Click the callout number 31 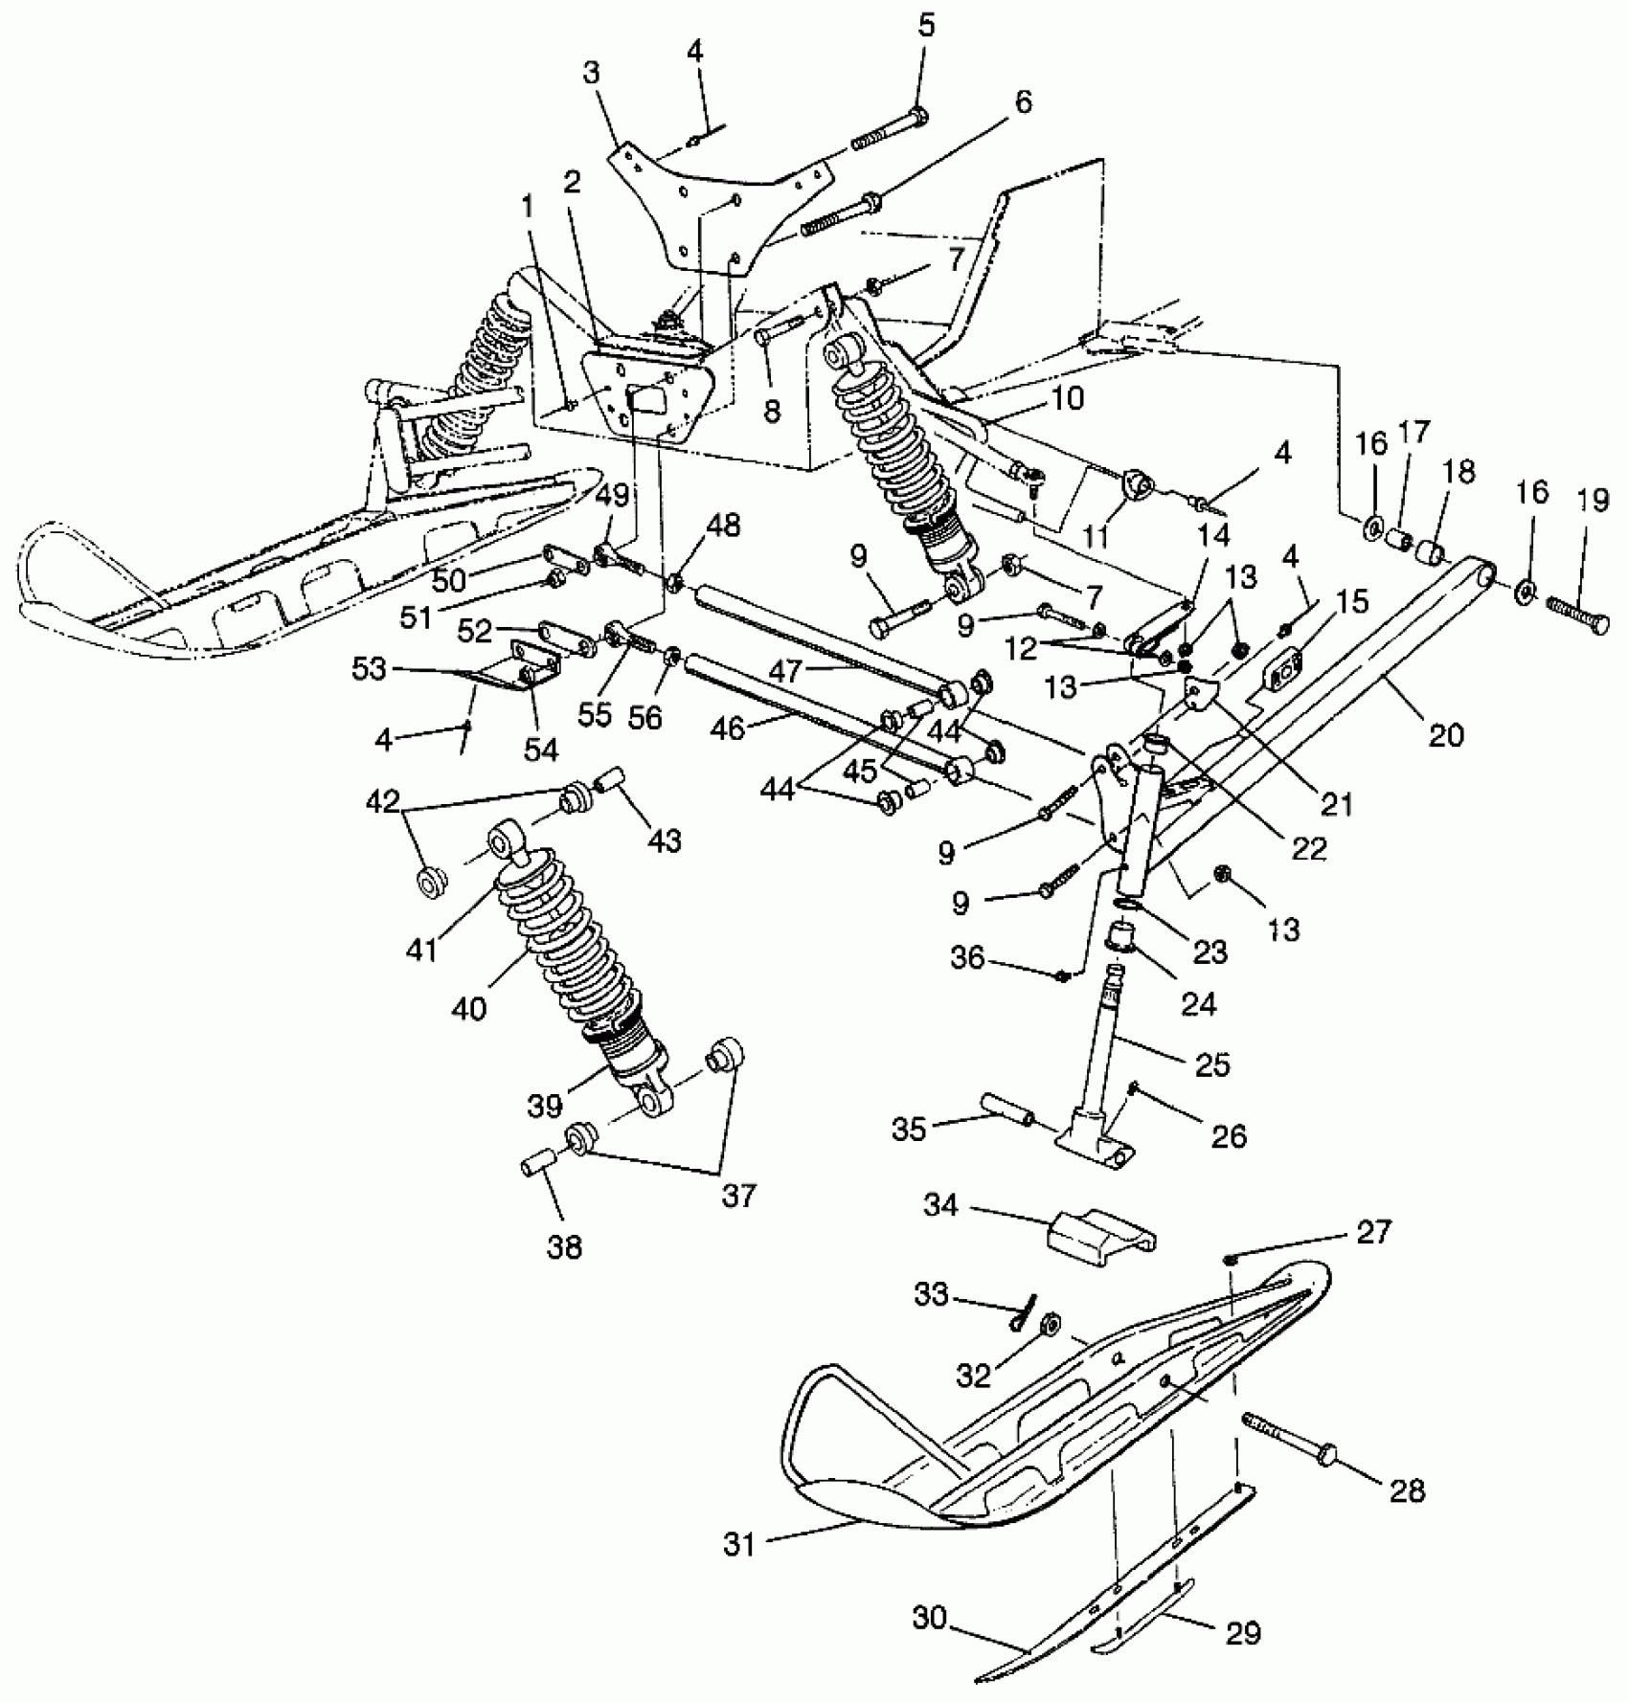tap(739, 1544)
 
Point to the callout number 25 tap(1212, 1064)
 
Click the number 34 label tap(941, 1204)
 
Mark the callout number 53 tap(370, 668)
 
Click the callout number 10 tap(1067, 397)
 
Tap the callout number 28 tap(1407, 1490)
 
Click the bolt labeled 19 tap(1574, 614)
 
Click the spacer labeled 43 tap(611, 782)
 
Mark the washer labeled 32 tap(1050, 1325)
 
